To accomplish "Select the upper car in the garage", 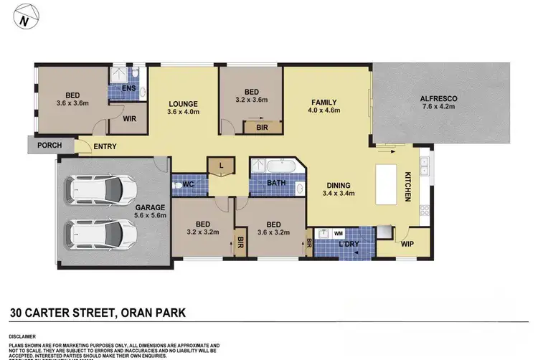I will click(x=93, y=190).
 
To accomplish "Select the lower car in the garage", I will click(x=93, y=234).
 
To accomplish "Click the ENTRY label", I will click(x=105, y=147).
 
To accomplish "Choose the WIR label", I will click(x=130, y=119).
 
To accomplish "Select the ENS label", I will click(x=129, y=88).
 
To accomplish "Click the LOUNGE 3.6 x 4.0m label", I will click(x=182, y=107).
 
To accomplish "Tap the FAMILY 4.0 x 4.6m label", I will click(x=324, y=105).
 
